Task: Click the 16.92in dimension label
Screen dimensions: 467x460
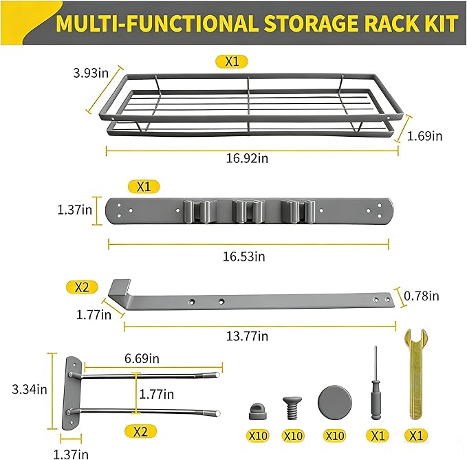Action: point(247,158)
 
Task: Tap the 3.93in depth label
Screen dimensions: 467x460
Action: point(91,73)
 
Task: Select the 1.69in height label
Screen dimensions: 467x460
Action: point(425,136)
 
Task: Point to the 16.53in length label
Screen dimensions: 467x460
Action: point(244,256)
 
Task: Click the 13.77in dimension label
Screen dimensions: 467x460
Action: point(247,336)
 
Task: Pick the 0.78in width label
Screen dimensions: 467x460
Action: point(422,296)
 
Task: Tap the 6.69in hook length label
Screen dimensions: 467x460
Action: point(142,358)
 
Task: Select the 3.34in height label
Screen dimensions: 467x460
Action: point(30,389)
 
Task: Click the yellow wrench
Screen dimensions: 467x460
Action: point(415,374)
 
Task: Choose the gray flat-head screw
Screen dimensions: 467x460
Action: point(292,408)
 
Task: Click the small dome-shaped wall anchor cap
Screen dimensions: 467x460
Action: point(257,411)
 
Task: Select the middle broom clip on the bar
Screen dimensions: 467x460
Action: point(248,211)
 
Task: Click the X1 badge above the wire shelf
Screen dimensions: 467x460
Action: point(232,62)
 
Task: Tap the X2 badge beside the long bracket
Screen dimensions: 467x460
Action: point(82,287)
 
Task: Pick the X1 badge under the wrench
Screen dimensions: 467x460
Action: point(416,436)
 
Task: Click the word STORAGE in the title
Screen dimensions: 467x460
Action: point(312,23)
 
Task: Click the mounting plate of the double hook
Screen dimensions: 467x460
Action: point(72,393)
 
